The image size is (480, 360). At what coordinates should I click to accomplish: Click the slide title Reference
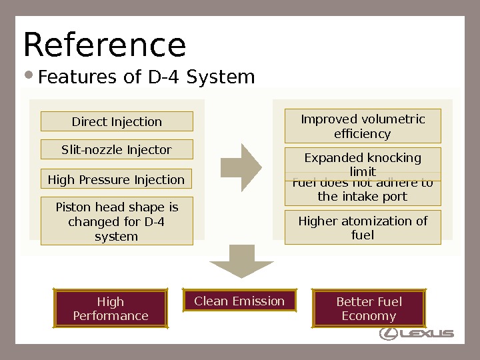[x=105, y=45]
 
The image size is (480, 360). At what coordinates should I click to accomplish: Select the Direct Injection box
[x=117, y=121]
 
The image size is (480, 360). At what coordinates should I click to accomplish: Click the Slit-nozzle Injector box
[x=117, y=150]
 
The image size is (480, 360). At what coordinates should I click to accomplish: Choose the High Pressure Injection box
[x=117, y=179]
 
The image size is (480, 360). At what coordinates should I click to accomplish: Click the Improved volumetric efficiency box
[x=363, y=127]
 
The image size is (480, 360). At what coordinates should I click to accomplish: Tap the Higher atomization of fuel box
[x=363, y=227]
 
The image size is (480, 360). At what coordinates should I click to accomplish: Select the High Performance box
[x=111, y=309]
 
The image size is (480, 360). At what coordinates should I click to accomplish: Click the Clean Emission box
[x=239, y=301]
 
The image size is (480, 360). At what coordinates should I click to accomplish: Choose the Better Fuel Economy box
[x=369, y=309]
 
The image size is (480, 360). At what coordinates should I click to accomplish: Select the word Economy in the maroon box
[x=369, y=316]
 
